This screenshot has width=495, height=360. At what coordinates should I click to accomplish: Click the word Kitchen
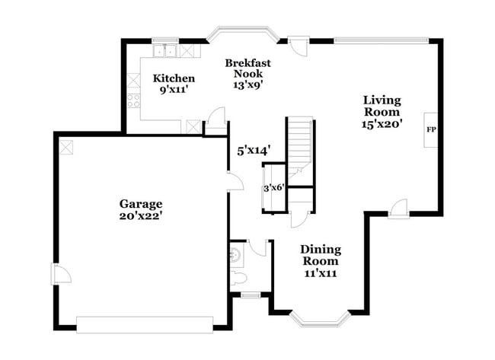[x=174, y=78]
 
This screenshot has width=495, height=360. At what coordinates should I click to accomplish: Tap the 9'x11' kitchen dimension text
[x=174, y=90]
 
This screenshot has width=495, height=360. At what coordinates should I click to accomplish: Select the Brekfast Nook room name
[x=247, y=69]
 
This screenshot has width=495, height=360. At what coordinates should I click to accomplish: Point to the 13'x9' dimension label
[x=247, y=85]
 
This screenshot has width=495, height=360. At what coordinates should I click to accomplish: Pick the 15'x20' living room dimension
[x=382, y=122]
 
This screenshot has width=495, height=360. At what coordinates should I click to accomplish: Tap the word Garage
[x=141, y=203]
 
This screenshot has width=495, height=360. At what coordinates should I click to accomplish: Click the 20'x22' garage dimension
[x=141, y=215]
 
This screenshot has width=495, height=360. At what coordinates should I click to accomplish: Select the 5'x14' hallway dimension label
[x=254, y=151]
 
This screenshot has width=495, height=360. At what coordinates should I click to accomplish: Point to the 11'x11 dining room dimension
[x=320, y=272]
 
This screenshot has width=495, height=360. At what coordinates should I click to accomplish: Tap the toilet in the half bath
[x=238, y=277]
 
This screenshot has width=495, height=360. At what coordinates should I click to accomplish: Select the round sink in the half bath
[x=235, y=253]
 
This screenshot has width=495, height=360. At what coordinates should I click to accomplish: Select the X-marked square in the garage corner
[x=66, y=146]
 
